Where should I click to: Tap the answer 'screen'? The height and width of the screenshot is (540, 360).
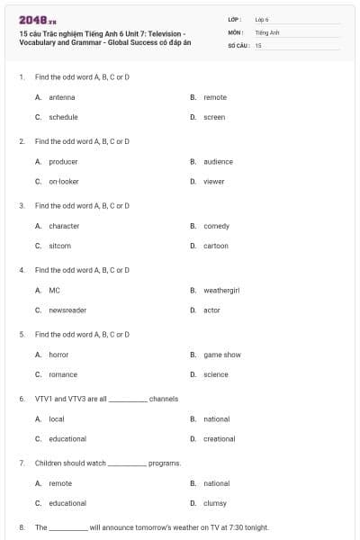coord(214,117)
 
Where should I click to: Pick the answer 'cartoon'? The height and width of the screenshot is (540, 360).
coord(216,246)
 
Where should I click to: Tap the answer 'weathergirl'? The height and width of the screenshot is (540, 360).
coord(220,291)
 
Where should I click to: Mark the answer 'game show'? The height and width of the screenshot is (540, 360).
coord(222,355)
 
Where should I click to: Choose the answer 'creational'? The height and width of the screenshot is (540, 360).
coord(220,438)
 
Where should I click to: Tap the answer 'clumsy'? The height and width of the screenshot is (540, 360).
coord(215,503)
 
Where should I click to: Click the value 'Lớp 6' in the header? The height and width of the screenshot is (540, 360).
coord(262,19)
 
